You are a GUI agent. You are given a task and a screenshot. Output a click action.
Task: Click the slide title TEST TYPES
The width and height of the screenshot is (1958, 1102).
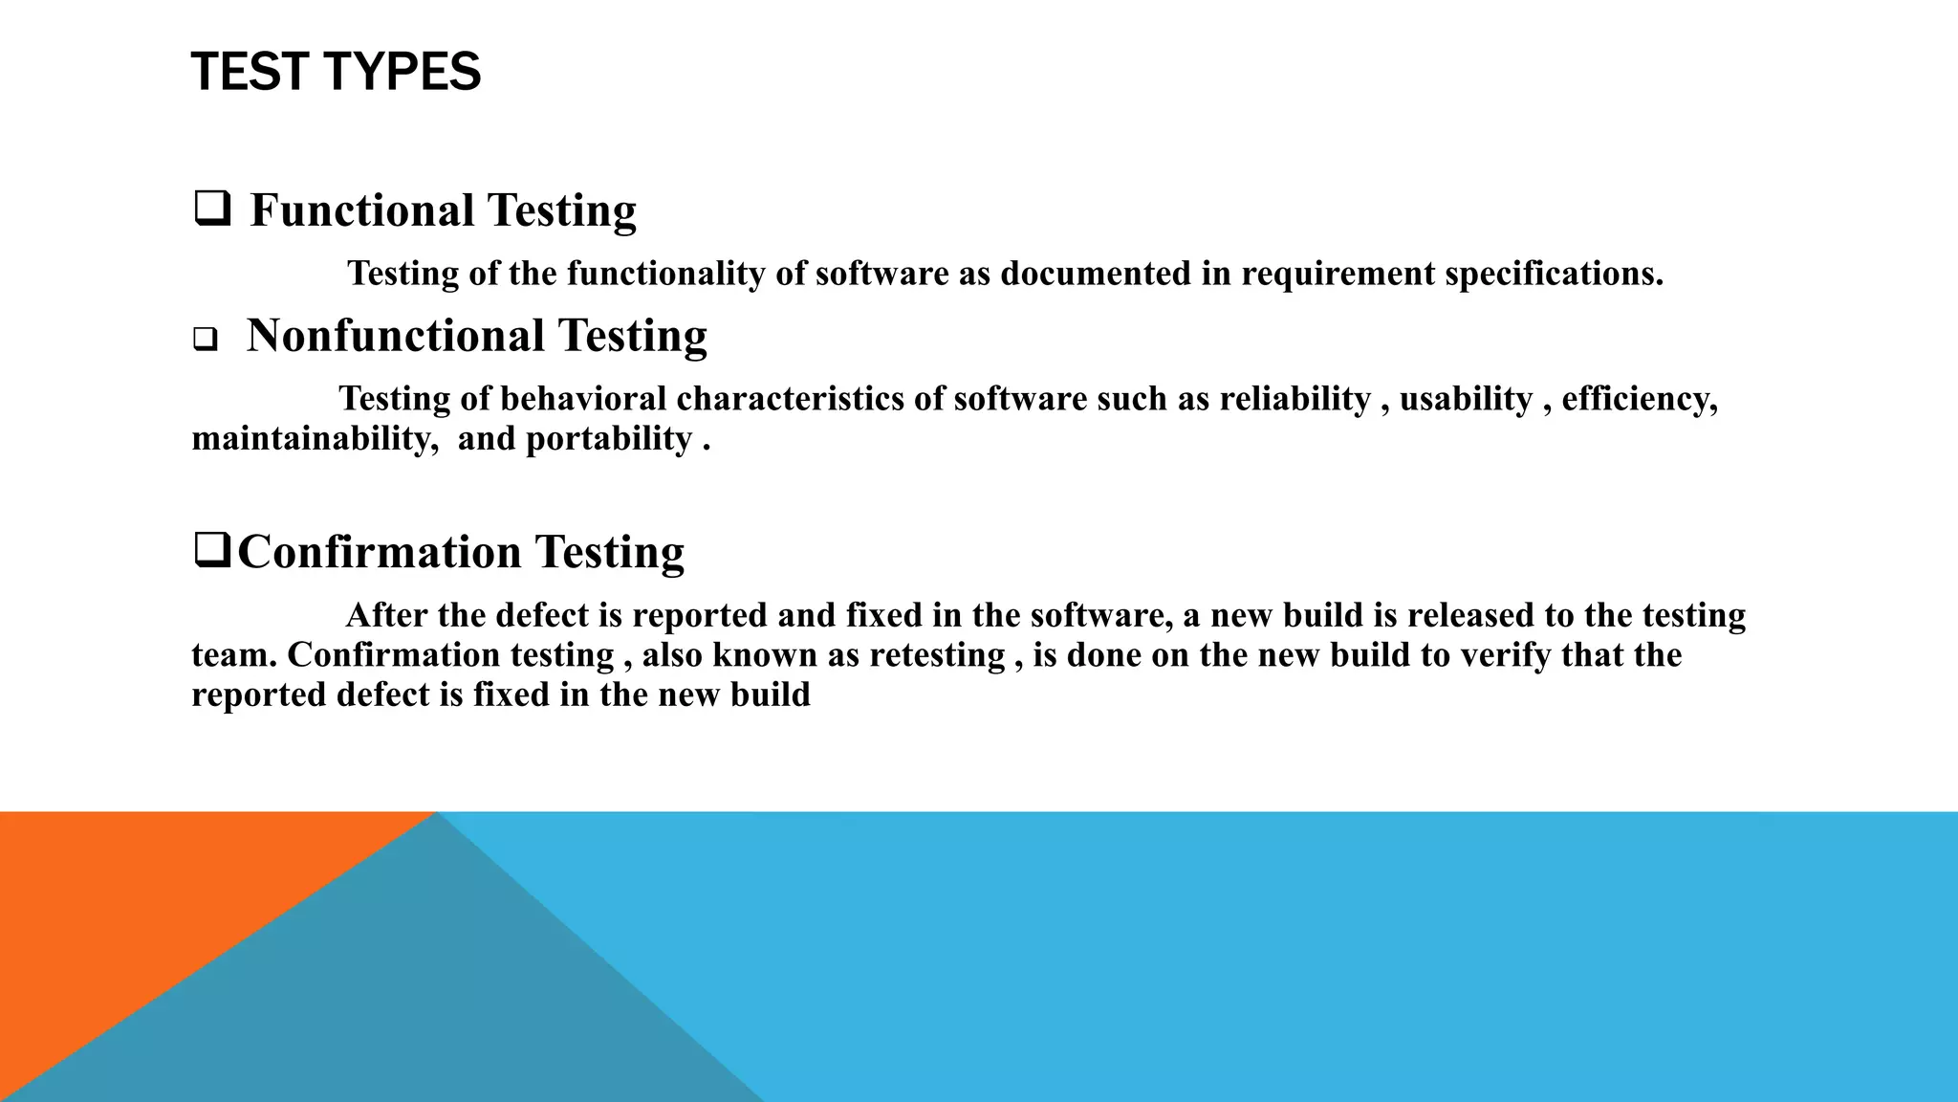[x=336, y=73]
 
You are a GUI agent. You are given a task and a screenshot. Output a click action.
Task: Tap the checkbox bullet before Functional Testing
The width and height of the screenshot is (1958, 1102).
[x=211, y=209]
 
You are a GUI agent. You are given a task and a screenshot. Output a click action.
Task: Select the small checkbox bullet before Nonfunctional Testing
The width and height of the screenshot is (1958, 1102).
[x=205, y=340]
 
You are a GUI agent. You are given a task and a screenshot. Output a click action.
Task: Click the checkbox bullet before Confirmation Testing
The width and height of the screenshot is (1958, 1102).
[x=211, y=551]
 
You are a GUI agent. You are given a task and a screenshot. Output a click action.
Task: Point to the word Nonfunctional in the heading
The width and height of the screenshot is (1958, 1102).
[x=396, y=336]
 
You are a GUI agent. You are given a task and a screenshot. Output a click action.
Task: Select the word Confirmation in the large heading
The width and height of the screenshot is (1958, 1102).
[x=380, y=552]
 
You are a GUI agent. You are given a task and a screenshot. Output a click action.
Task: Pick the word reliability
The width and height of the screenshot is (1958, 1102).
[x=1294, y=399]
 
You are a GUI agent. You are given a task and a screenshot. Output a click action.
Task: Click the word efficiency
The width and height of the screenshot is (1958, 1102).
[x=1639, y=399]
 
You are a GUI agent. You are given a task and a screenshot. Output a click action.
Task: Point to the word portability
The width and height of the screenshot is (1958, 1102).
[x=609, y=439]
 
